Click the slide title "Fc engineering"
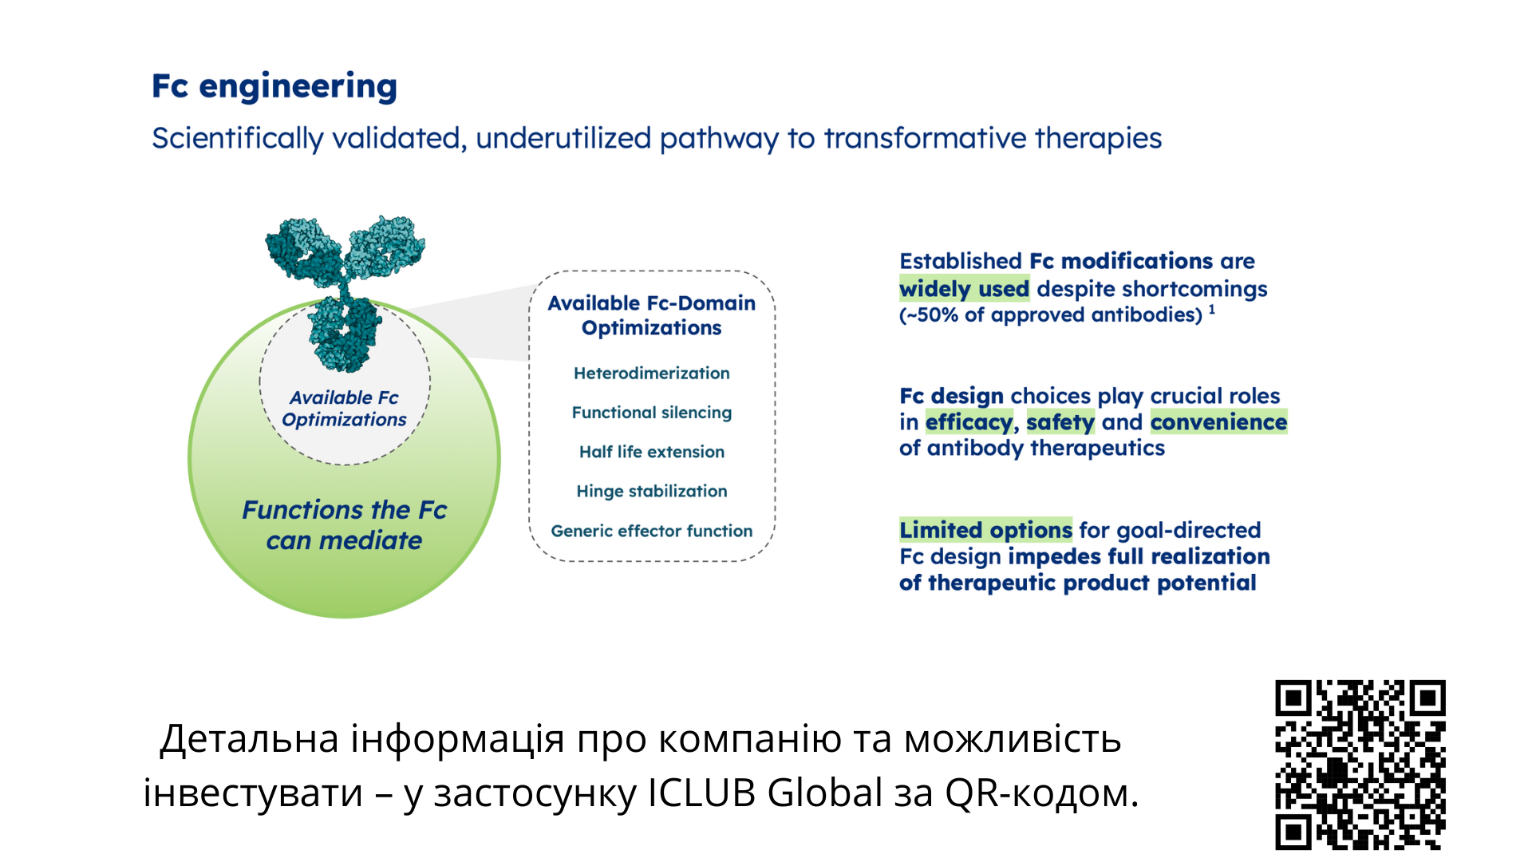[274, 87]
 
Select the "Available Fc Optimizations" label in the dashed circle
[344, 409]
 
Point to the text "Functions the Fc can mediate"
[344, 525]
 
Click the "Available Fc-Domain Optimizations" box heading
[651, 315]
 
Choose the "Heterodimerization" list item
[651, 373]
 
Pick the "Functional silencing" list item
[651, 413]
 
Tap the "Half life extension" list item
[651, 452]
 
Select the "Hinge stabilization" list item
[651, 491]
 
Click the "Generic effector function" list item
[651, 531]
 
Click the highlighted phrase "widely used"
[964, 289]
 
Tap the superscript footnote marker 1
[1211, 310]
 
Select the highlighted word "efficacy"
[969, 422]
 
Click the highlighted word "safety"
[1060, 422]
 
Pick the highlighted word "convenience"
[1218, 422]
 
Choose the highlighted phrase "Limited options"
[985, 530]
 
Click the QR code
[1360, 765]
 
